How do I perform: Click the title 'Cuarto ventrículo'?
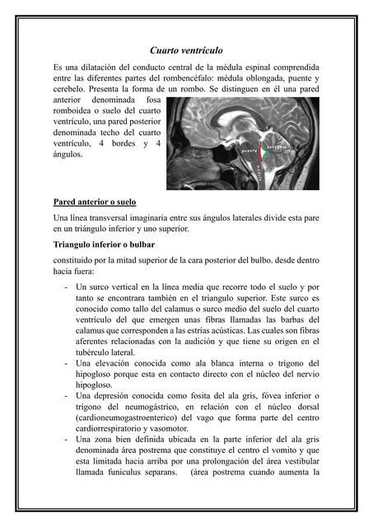186,50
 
